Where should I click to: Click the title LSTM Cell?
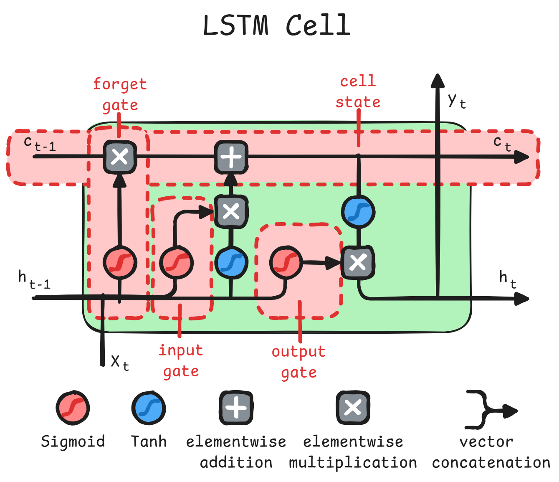point(276,25)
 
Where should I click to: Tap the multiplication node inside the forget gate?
point(120,157)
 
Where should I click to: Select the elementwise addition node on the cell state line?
point(231,157)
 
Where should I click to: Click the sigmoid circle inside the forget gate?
point(120,263)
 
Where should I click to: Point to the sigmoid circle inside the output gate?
point(286,263)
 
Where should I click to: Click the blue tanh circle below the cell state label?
point(358,212)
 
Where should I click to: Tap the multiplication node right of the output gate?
point(358,263)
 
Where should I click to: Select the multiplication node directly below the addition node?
point(231,211)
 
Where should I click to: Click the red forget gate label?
point(120,94)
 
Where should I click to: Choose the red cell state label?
point(358,91)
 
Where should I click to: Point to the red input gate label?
point(181,360)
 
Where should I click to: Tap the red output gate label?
point(298,362)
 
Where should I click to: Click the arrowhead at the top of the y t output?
point(438,81)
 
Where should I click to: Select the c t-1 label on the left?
point(40,143)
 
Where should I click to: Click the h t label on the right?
point(508,278)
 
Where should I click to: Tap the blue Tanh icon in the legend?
point(149,408)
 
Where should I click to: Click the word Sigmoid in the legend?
point(73,441)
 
